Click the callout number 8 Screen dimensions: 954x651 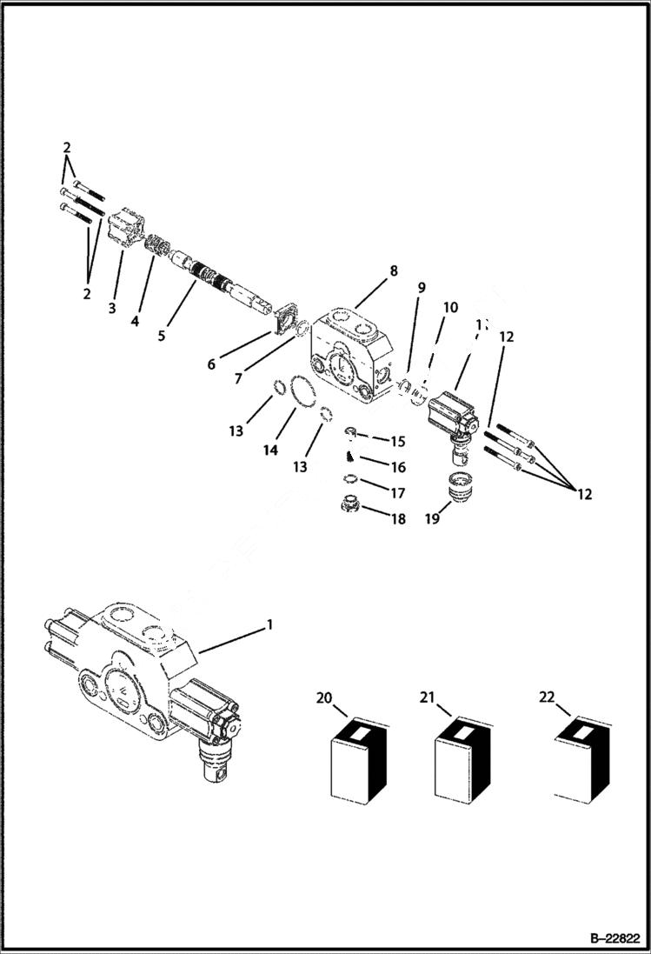(394, 270)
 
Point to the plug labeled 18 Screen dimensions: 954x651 (350, 504)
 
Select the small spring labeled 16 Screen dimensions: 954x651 (350, 455)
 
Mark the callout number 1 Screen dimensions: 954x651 (269, 624)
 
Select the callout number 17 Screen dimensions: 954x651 (398, 493)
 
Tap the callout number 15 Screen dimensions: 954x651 (397, 442)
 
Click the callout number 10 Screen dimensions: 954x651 (450, 307)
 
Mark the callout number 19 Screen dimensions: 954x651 (433, 519)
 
